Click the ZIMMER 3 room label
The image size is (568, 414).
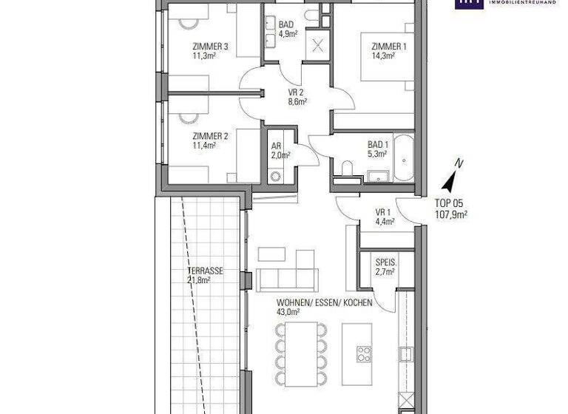pyautogui.click(x=210, y=47)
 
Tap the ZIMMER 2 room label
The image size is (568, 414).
pyautogui.click(x=210, y=136)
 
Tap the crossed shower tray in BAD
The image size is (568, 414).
pyautogui.click(x=319, y=44)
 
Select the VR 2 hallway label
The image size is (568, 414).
pyautogui.click(x=297, y=94)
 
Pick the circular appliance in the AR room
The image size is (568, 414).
pyautogui.click(x=277, y=177)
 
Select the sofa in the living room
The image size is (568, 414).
pyautogui.click(x=287, y=279)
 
